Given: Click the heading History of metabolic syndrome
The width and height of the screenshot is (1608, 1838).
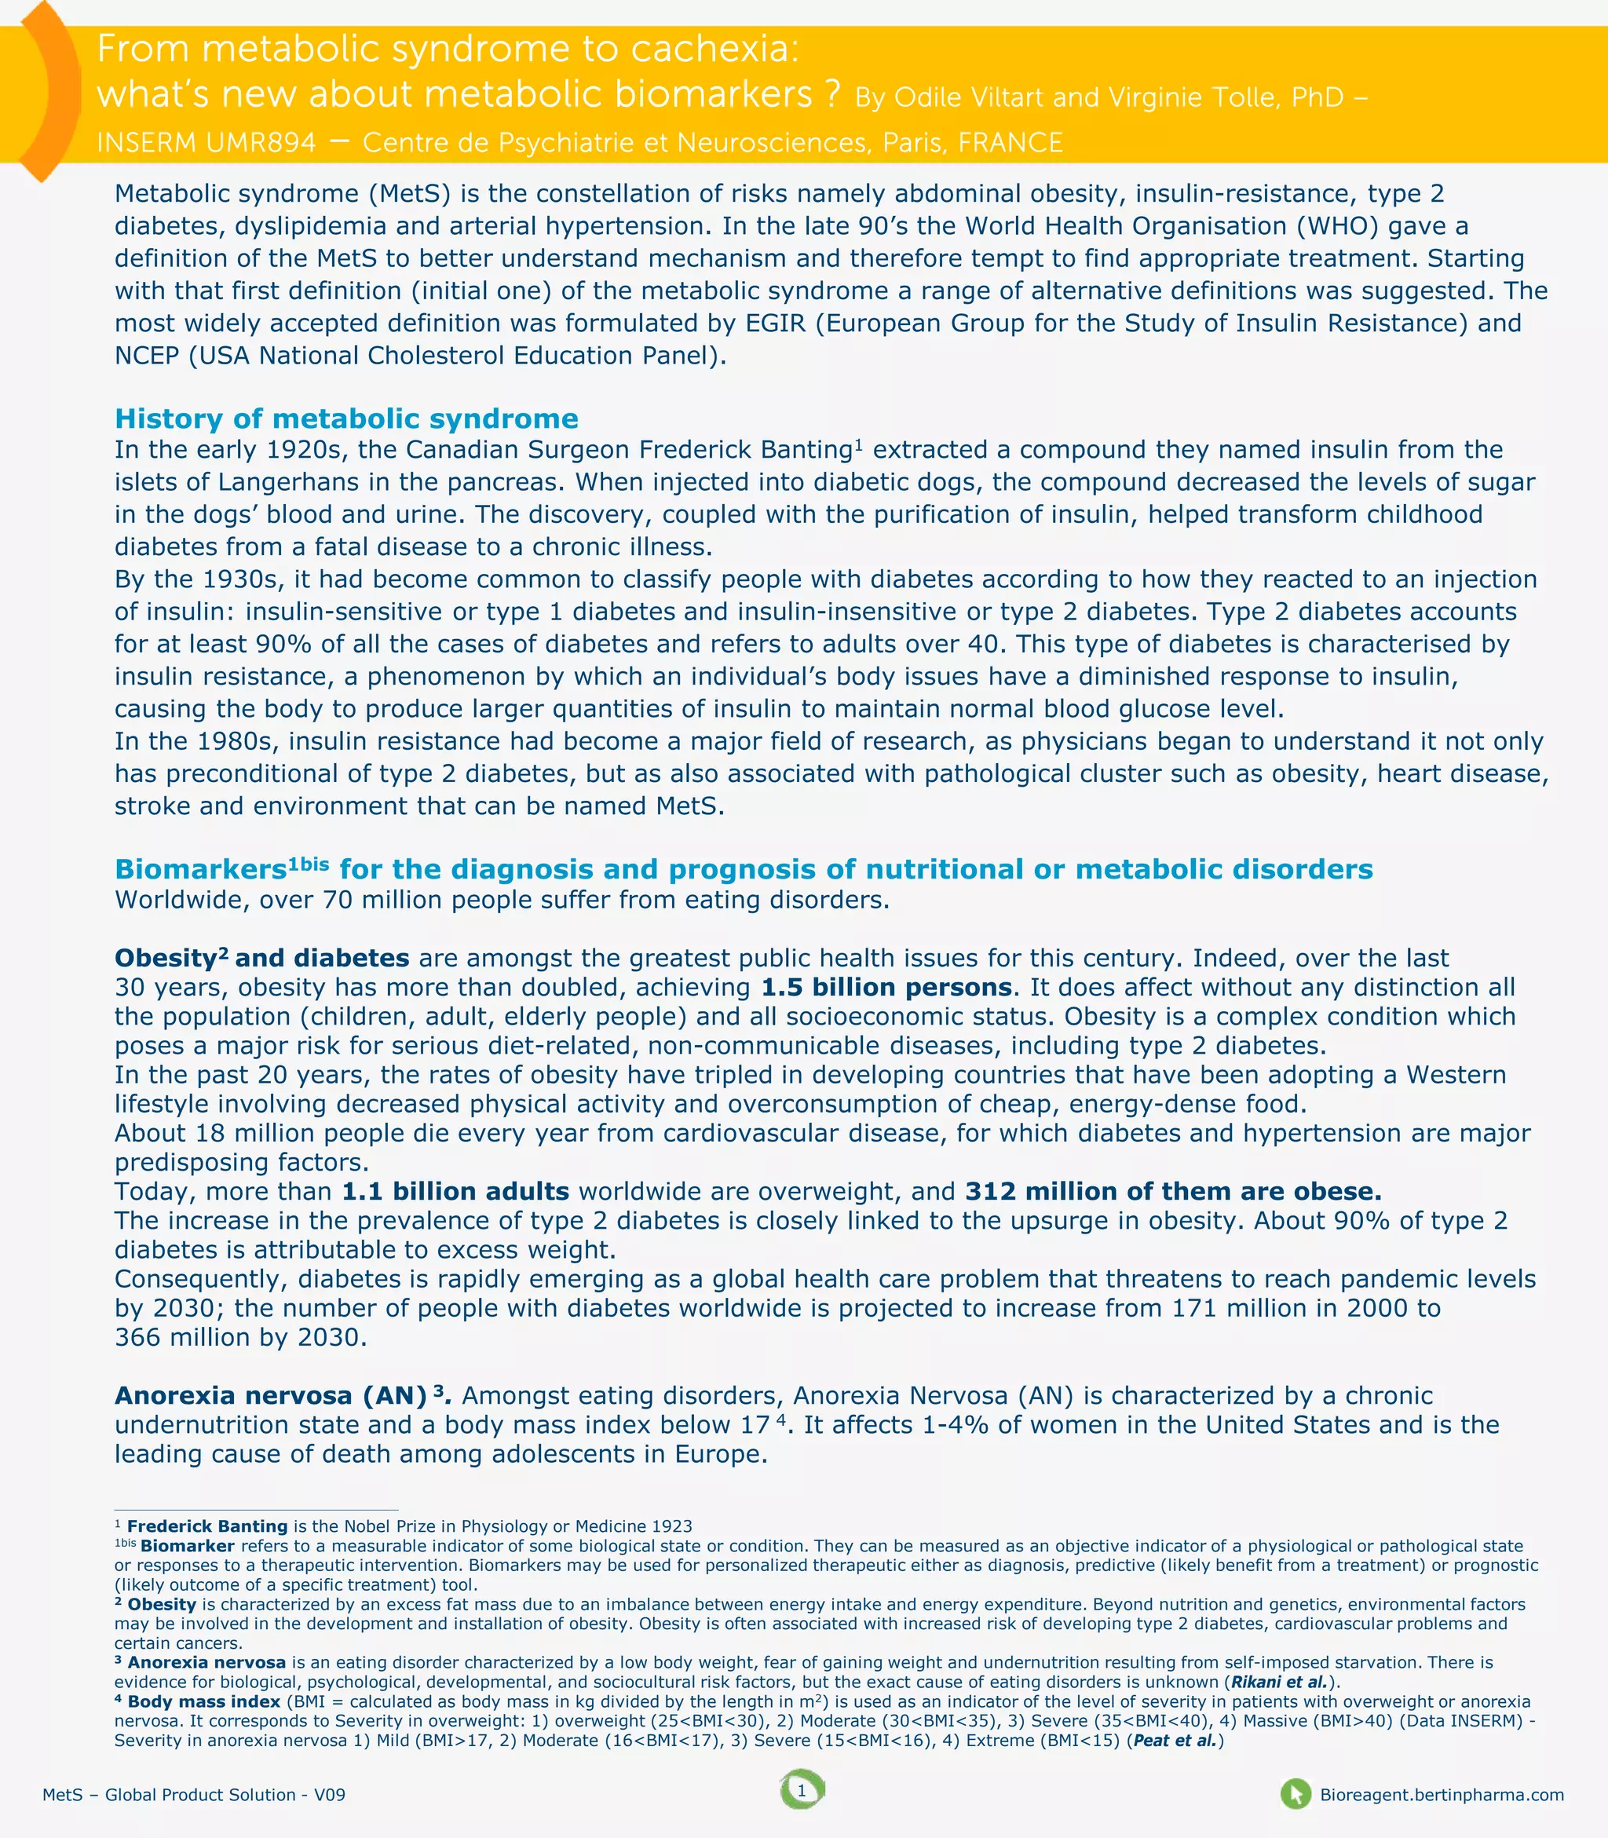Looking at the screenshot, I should click(346, 418).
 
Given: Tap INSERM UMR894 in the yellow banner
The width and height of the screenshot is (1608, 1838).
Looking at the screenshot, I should click(206, 143).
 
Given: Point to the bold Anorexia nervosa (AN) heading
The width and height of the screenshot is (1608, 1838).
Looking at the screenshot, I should click(270, 1395).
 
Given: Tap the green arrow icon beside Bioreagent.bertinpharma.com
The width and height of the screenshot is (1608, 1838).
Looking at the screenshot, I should click(1295, 1794).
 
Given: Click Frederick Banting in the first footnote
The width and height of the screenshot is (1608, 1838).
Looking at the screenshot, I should click(206, 1526).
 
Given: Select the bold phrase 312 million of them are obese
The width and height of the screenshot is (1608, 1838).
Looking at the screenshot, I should click(1173, 1192).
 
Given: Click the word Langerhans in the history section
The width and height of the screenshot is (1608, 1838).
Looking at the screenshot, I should click(288, 482).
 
